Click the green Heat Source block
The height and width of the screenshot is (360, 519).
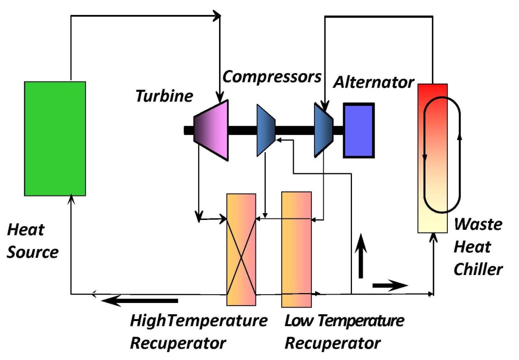pos(55,139)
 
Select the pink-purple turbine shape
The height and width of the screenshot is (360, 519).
pos(211,130)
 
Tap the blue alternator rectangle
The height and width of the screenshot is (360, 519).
pos(358,130)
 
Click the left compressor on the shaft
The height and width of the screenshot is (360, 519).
pos(266,130)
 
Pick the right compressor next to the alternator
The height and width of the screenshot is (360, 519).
pos(323,129)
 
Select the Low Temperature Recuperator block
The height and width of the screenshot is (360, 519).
pos(296,250)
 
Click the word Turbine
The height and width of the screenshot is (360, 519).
pos(164,96)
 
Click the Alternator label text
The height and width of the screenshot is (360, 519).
pos(374,82)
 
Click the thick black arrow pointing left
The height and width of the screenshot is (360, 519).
pos(140,300)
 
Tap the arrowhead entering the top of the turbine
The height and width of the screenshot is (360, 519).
pos(222,97)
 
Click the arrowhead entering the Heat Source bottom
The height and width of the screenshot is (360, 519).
pos(71,199)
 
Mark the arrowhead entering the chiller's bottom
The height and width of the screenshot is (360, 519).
pos(433,237)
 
